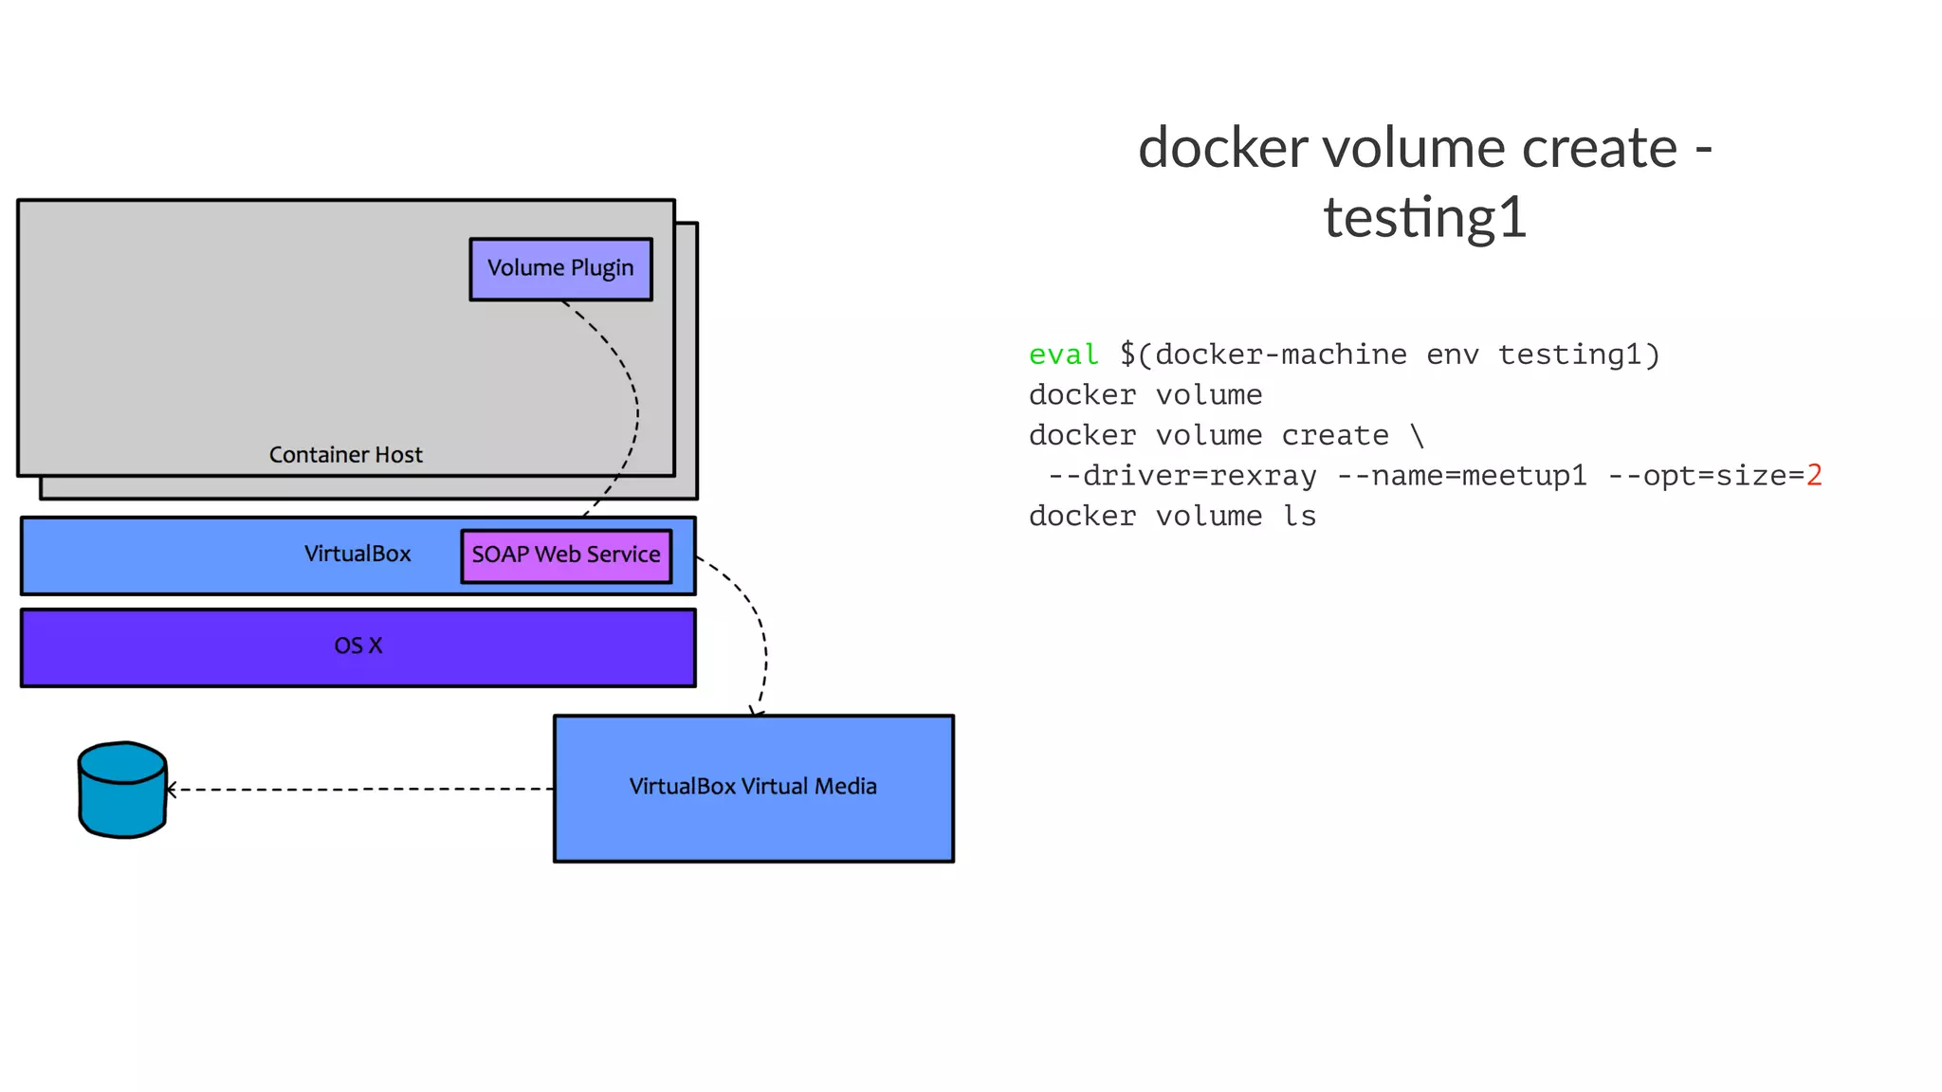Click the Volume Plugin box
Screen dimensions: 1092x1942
[560, 269]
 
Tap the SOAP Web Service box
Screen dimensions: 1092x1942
[566, 555]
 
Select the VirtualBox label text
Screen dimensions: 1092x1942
[357, 554]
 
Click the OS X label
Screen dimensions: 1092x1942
[357, 646]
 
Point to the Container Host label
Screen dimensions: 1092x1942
[345, 455]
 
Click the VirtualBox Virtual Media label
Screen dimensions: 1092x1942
[753, 787]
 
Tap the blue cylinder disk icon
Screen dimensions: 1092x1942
[122, 790]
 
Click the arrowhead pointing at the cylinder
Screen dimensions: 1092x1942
[171, 789]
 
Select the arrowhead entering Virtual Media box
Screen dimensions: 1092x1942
[757, 712]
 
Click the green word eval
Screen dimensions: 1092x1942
[1063, 355]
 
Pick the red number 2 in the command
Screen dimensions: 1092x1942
[1814, 475]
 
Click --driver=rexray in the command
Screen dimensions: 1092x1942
[1182, 476]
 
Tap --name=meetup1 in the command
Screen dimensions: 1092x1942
[1461, 476]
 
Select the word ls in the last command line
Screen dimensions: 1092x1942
[1299, 517]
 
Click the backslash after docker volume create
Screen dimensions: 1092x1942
[1417, 436]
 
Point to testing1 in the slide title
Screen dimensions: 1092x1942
[1425, 218]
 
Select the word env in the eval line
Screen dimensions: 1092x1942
[1452, 355]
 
